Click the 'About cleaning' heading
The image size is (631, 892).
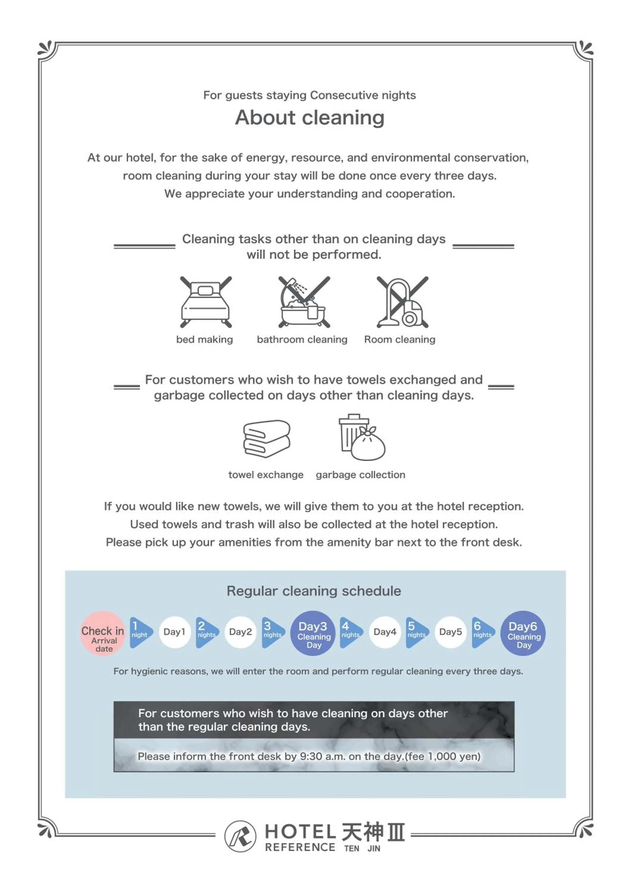(310, 117)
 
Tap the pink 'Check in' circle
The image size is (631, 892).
(103, 633)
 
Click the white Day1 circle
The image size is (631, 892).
(174, 632)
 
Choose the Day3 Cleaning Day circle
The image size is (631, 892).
(313, 633)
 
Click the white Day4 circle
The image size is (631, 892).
(385, 632)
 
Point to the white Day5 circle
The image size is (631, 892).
(451, 632)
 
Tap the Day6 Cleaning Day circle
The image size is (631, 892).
(523, 633)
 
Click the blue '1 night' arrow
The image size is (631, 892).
(140, 632)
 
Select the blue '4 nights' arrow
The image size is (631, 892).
(350, 632)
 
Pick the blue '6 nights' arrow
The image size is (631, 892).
(482, 632)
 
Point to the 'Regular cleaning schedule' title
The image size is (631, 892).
(314, 591)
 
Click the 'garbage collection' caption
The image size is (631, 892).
(360, 475)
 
